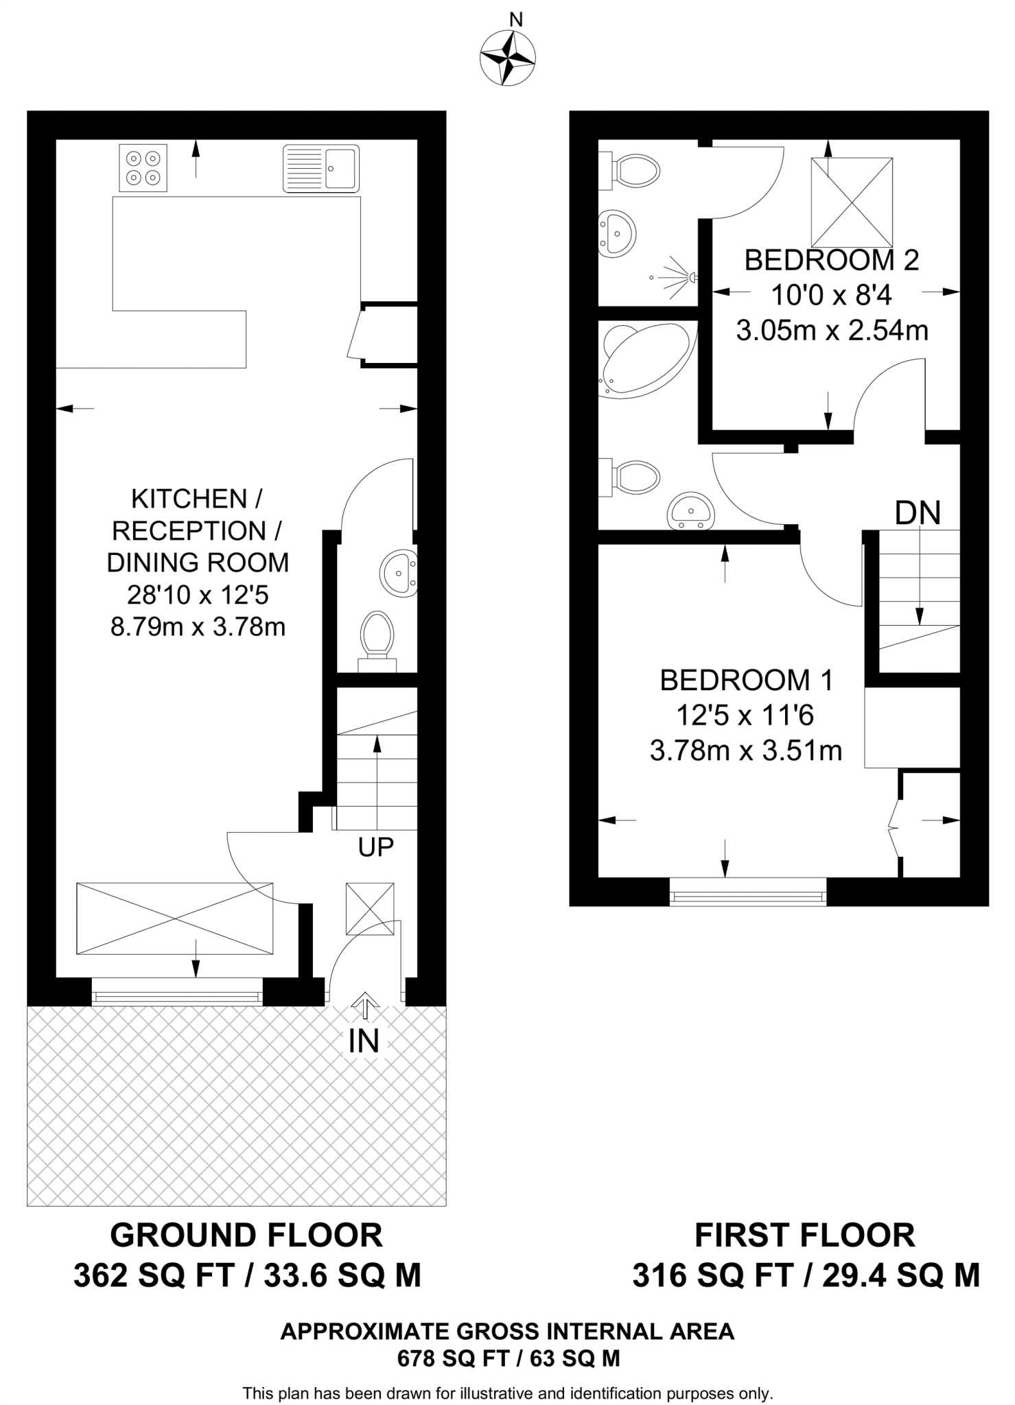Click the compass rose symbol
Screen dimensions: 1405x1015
(x=507, y=59)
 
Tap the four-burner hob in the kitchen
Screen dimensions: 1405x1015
(x=143, y=167)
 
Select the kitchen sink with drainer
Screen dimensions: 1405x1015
(x=321, y=168)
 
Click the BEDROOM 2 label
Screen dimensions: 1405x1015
(x=831, y=261)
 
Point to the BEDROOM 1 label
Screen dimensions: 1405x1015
(x=746, y=680)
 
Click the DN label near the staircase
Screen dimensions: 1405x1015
(x=918, y=513)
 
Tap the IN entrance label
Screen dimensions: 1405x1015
(x=364, y=1041)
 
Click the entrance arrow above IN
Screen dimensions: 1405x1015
(x=364, y=1006)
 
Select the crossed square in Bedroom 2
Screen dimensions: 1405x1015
(x=852, y=202)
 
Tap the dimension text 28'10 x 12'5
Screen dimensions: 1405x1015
(x=198, y=595)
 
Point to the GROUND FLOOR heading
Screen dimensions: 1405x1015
(x=246, y=1236)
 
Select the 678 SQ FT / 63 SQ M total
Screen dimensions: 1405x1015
(x=508, y=1358)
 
